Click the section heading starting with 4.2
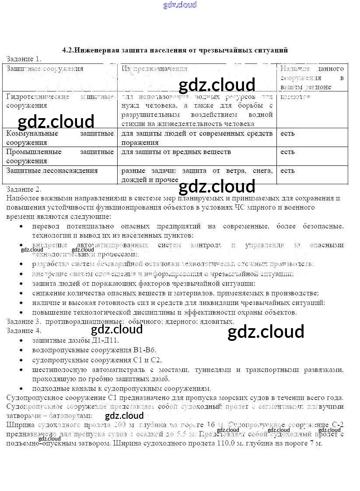[x=175, y=50]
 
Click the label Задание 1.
[x=24, y=59]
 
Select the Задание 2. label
[x=24, y=189]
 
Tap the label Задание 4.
[x=24, y=330]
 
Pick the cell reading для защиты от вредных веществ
[x=176, y=152]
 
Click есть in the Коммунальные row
[x=287, y=133]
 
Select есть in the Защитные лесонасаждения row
[x=287, y=171]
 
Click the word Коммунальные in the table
[x=29, y=133]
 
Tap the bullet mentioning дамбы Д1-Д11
[x=75, y=340]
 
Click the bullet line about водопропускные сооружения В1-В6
[x=94, y=350]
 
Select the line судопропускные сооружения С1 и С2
[x=97, y=360]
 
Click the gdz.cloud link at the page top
[x=180, y=5]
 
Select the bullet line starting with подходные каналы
[x=121, y=388]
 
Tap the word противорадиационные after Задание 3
[x=78, y=321]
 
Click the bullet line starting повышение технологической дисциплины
[x=164, y=312]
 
